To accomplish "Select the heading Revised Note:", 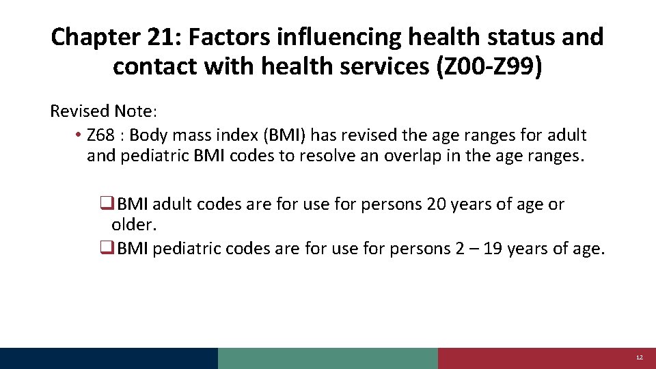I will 103,111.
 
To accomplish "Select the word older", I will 131,225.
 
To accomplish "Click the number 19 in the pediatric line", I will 494,249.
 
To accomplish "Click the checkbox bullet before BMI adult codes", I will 107,204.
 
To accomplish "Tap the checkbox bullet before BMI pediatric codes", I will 107,249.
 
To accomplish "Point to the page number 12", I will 640,358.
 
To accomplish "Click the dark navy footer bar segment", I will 109,358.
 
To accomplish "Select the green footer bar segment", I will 328,358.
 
